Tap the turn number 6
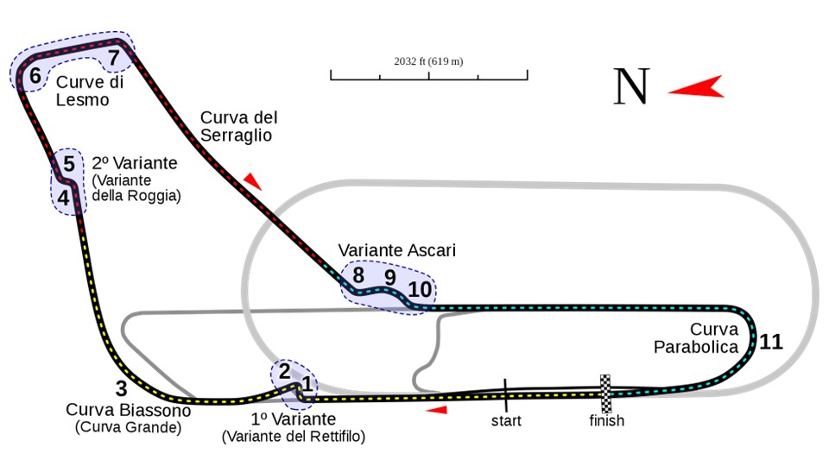click(35, 76)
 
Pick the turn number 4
click(63, 198)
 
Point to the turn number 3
click(121, 388)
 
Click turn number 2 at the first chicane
click(283, 372)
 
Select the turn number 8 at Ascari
click(358, 276)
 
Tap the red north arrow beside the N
click(696, 87)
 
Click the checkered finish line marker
click(606, 393)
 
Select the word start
click(507, 421)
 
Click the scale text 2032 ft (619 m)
click(428, 61)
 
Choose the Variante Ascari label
click(396, 250)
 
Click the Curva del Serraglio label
click(236, 126)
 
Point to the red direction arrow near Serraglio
click(251, 180)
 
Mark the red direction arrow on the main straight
click(438, 410)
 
